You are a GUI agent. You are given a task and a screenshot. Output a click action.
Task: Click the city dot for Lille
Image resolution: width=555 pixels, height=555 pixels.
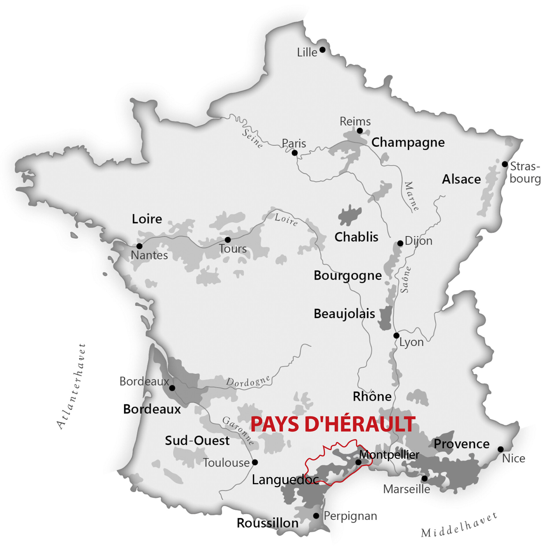[322, 50]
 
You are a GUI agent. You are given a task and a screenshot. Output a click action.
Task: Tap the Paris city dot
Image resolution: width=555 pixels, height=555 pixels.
[295, 153]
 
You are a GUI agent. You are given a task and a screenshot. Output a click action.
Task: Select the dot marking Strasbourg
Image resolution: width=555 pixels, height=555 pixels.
[505, 164]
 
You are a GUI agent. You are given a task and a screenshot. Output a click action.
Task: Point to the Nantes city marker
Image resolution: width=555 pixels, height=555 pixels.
[139, 246]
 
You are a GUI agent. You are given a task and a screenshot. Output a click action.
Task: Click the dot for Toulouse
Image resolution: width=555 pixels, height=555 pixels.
[255, 462]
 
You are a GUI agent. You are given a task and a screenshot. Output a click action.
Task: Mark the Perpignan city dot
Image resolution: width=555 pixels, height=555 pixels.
[316, 516]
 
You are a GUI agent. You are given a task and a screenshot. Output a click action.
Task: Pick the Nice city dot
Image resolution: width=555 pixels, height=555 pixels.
[501, 449]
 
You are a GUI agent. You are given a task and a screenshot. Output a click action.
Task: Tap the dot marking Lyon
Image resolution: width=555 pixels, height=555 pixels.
[396, 335]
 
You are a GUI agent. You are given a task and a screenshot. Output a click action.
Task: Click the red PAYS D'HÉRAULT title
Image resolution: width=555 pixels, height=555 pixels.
[333, 424]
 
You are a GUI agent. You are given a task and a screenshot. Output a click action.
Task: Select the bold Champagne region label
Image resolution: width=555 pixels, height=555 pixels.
[408, 143]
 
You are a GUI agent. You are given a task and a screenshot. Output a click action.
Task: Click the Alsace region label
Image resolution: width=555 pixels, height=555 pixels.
[461, 179]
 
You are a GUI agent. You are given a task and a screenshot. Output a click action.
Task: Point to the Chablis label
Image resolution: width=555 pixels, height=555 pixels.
[356, 237]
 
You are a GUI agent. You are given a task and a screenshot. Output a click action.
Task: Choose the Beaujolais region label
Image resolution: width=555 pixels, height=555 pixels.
[344, 314]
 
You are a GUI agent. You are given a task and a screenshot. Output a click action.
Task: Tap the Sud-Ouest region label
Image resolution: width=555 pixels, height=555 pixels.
[197, 441]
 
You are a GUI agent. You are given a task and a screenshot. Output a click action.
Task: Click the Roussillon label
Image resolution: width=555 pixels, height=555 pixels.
[267, 523]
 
